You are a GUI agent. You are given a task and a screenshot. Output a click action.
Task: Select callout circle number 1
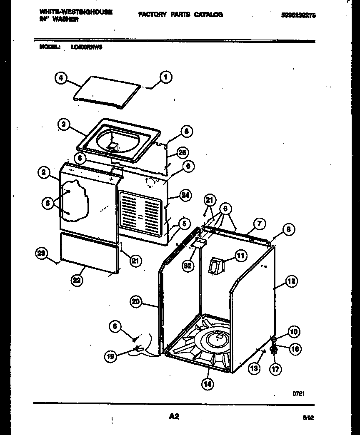[x=165, y=77]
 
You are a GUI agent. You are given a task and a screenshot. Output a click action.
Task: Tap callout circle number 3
[x=63, y=124]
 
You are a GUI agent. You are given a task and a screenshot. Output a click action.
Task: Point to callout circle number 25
[x=181, y=152]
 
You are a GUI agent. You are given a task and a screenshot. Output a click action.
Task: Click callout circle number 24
[x=185, y=195]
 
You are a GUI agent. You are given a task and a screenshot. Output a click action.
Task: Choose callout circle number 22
[x=76, y=281]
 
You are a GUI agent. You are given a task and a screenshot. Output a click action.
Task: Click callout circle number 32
[x=188, y=266]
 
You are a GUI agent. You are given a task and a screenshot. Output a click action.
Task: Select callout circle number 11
[x=240, y=256]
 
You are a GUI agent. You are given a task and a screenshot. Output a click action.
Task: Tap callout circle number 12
[x=291, y=281]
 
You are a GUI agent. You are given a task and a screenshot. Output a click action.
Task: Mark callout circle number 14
[x=207, y=384]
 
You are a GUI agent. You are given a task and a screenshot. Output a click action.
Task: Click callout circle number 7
[x=259, y=224]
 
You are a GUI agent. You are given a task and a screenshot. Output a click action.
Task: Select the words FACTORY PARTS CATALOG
[x=180, y=15]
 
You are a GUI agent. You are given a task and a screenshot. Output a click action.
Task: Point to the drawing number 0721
[x=298, y=393]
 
